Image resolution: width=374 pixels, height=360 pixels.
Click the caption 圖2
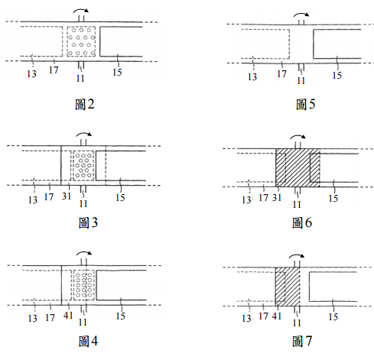[x=85, y=104]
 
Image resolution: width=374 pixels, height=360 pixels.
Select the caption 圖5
[x=305, y=104]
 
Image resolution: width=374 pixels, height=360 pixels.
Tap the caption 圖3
[x=88, y=222]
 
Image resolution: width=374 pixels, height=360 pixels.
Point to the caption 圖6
[x=302, y=222]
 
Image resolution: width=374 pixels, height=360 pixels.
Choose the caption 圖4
[x=88, y=341]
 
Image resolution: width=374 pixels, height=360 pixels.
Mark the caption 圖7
[x=302, y=341]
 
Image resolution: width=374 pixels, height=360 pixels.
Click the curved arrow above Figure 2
[x=81, y=9]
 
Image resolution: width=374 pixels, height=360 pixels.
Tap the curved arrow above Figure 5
[x=301, y=14]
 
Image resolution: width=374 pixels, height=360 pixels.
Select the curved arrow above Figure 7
[x=297, y=255]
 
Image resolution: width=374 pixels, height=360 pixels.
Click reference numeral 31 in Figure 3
[x=67, y=196]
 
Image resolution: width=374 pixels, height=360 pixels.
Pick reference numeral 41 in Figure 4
[x=68, y=316]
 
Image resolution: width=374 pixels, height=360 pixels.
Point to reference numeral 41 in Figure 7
[x=277, y=316]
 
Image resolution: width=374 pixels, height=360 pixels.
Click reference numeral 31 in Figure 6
[x=277, y=197]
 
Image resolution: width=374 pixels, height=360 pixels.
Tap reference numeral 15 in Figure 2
[x=117, y=73]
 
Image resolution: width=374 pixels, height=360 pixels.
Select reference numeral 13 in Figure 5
[x=252, y=76]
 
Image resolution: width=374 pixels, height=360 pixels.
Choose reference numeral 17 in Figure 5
[x=281, y=74]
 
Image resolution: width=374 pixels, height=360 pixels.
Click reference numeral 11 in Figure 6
[x=297, y=204]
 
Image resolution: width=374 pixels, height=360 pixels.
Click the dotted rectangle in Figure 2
[x=81, y=41]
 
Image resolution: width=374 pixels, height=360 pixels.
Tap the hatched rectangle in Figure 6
[x=298, y=167]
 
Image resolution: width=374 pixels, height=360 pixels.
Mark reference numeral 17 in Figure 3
[x=49, y=197]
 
